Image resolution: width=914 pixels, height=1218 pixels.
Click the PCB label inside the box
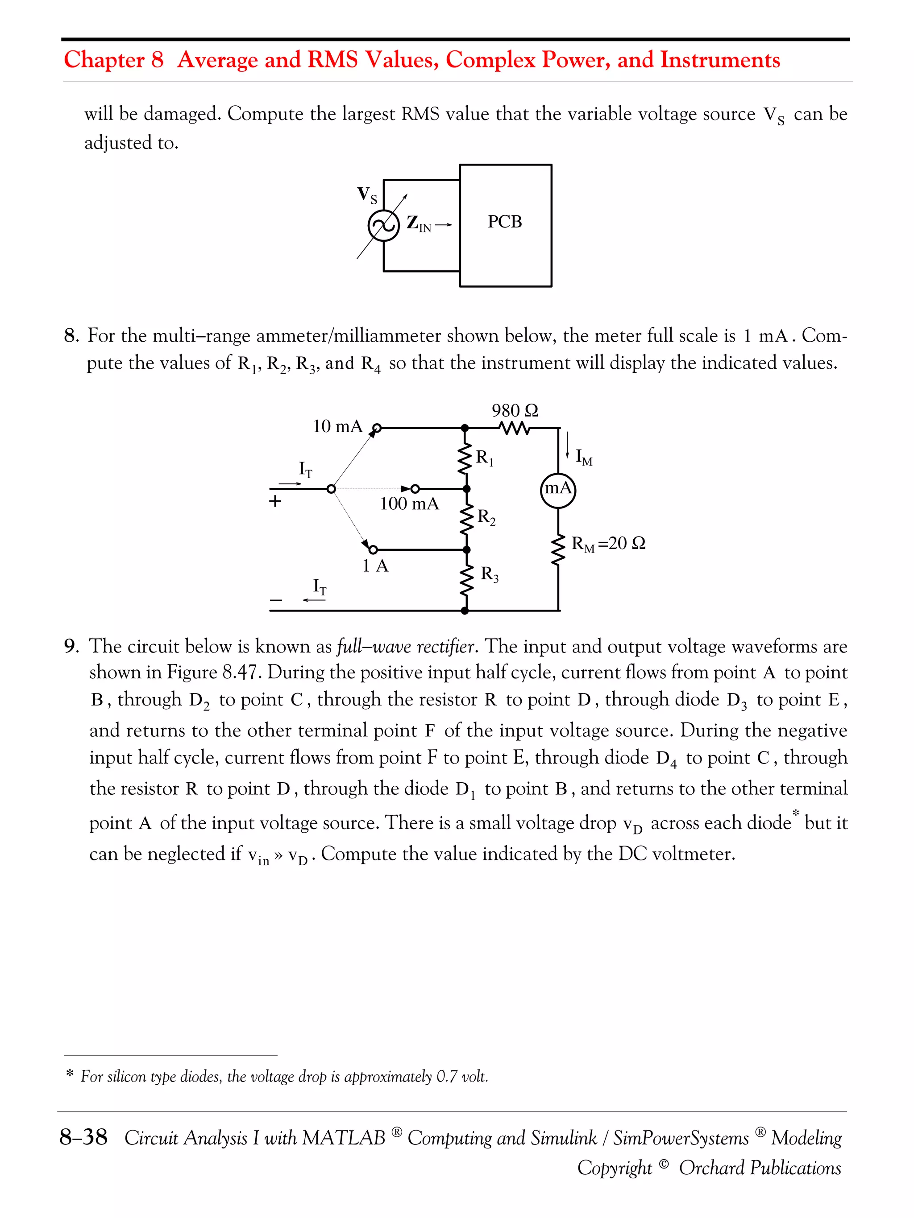(504, 222)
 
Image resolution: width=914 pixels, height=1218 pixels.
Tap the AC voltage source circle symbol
(383, 225)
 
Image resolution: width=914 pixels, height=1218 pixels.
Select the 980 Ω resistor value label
(515, 411)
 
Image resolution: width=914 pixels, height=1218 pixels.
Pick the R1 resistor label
(484, 458)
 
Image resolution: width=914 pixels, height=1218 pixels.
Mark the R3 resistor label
(489, 574)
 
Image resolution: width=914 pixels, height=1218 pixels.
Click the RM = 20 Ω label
(608, 544)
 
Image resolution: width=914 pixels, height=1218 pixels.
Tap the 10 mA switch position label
(338, 426)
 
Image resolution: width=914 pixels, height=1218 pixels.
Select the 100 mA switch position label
(409, 504)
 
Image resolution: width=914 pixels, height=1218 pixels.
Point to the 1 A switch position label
(375, 566)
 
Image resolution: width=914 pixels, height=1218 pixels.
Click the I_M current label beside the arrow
(583, 457)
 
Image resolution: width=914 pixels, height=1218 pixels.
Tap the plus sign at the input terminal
(275, 502)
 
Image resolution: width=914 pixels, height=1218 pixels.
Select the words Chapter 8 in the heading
(113, 59)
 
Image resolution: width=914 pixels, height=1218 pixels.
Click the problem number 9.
(70, 646)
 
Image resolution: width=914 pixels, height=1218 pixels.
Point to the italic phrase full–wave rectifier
(406, 646)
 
